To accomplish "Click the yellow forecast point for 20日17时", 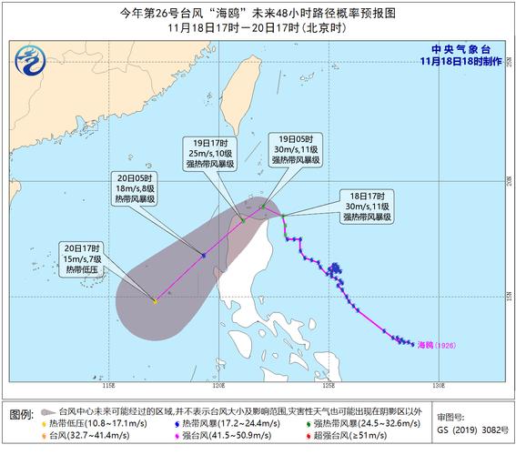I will pos(156,301).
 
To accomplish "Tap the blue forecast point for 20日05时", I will pos(203,256).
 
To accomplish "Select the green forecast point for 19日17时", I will pos(244,220).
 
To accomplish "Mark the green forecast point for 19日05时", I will pos(263,207).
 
